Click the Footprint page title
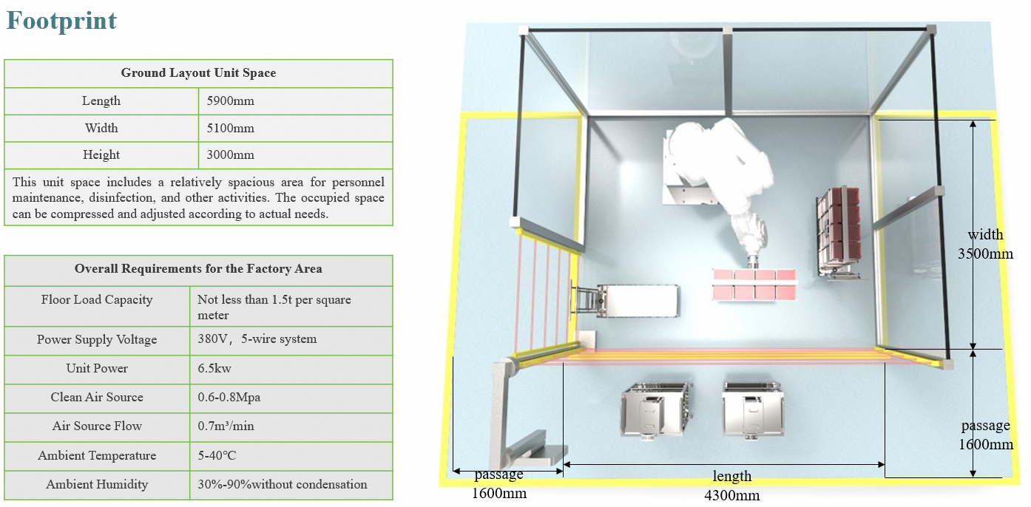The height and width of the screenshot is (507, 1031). (61, 20)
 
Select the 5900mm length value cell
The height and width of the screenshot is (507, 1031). (230, 101)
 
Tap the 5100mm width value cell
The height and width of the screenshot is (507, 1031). (230, 129)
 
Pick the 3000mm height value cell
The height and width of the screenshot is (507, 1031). (230, 155)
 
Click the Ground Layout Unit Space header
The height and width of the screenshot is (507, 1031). (198, 73)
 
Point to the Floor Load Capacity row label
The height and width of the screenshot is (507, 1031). (97, 300)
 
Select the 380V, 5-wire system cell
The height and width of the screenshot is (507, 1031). (257, 339)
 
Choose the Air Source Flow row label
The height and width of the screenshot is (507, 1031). (97, 426)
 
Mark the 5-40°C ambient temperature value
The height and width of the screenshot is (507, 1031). (217, 455)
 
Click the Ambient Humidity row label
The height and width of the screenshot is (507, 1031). (97, 484)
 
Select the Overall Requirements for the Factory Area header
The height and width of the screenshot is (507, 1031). (198, 269)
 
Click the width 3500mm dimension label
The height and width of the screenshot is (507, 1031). (986, 244)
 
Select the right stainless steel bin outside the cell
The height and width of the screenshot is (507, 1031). (751, 409)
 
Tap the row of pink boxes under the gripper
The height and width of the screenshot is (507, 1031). (754, 284)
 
